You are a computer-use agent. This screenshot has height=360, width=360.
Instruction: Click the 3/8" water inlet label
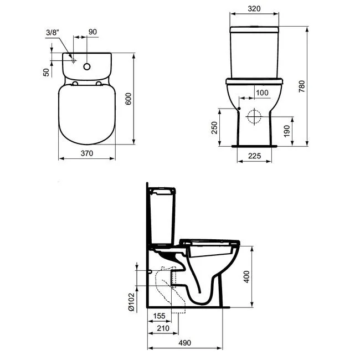coord(53,32)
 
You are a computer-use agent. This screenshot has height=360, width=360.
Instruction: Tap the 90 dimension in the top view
coord(92,32)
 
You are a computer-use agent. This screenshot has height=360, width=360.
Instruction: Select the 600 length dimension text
coord(128,99)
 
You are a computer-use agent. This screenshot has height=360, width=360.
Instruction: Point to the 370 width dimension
coord(87,153)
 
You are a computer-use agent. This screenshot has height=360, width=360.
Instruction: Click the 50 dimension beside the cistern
coord(46,73)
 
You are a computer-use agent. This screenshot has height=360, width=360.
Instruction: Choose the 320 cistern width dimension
coord(254,9)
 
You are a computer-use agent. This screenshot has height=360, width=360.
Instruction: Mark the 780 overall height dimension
coord(302,86)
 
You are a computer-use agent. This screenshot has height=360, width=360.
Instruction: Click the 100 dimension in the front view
coord(262,92)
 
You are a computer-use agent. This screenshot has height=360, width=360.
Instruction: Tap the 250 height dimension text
coord(214,127)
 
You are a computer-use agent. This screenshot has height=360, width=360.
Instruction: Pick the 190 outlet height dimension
coord(287,131)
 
